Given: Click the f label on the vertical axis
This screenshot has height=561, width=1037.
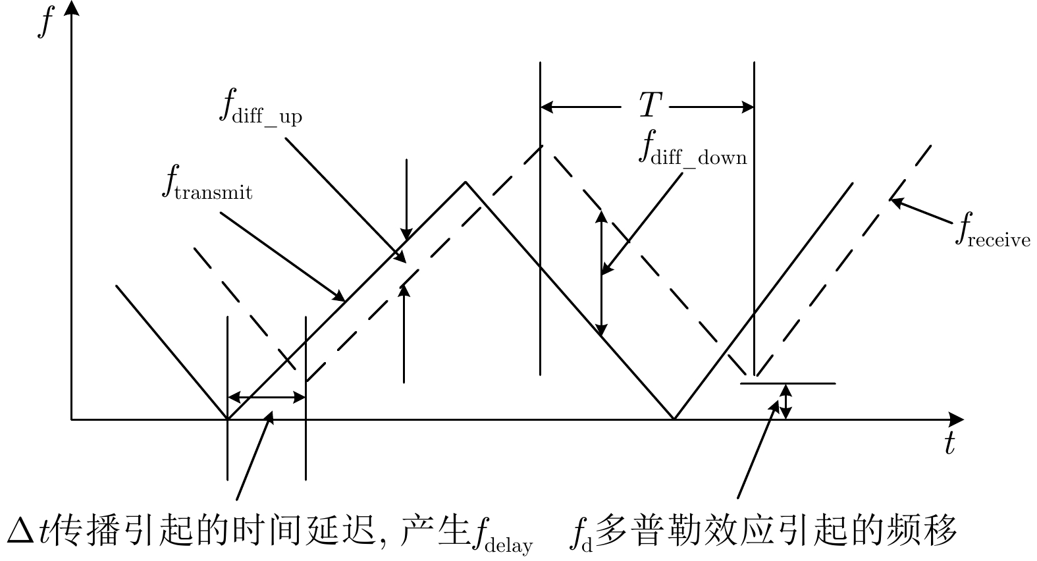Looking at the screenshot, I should [45, 21].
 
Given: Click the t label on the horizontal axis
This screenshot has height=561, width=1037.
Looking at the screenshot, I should [949, 444].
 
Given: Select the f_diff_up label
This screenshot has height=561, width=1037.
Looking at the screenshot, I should [259, 107].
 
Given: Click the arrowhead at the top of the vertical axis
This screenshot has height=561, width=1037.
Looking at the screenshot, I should [72, 8].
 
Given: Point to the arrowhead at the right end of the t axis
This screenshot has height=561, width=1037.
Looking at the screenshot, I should [957, 419].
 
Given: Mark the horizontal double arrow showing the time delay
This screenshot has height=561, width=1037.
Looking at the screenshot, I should [266, 397].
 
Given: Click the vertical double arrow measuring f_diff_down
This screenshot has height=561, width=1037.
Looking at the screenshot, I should [600, 273].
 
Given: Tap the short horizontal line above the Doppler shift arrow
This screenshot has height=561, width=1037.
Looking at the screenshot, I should [787, 383].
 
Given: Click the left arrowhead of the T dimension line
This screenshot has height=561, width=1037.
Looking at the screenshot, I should [546, 107].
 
